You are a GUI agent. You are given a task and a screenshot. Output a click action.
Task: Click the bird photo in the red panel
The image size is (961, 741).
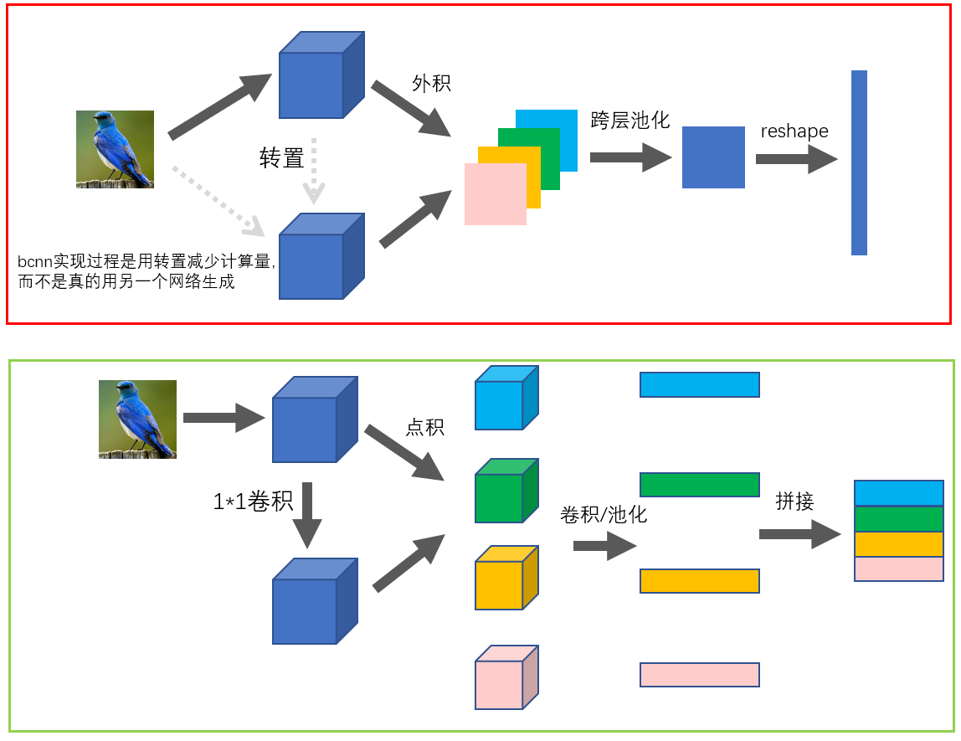tap(115, 149)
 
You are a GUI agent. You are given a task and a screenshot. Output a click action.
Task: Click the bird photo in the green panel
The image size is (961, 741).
tap(137, 419)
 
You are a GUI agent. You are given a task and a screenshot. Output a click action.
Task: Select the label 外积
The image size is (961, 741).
tap(431, 84)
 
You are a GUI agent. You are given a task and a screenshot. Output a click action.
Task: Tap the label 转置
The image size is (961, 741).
tap(282, 158)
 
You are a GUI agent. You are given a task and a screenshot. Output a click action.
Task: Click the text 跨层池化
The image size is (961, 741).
tap(630, 120)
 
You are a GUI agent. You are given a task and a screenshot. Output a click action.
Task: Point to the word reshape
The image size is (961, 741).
tap(794, 131)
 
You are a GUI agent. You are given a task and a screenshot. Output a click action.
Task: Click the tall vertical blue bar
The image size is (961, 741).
tap(859, 162)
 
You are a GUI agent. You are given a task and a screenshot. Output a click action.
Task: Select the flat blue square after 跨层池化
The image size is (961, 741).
tap(713, 157)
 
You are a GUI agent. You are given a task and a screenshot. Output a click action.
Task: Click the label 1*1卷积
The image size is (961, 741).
tap(253, 502)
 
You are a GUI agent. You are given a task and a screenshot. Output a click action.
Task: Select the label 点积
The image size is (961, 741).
tap(424, 427)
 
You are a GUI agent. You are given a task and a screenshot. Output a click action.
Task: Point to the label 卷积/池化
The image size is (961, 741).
tap(603, 514)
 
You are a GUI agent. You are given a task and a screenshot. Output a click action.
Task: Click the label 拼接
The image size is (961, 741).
tap(794, 501)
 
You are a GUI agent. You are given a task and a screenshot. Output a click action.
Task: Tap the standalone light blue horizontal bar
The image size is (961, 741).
tap(699, 384)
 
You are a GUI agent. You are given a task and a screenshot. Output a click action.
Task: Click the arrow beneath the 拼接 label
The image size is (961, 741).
tap(799, 534)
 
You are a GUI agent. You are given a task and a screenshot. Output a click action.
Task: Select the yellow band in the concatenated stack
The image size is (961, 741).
tap(898, 544)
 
